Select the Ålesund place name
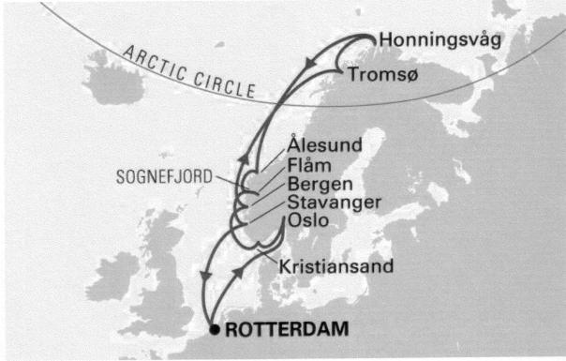(x=324, y=145)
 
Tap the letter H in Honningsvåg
(x=384, y=40)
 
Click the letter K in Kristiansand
(x=286, y=266)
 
